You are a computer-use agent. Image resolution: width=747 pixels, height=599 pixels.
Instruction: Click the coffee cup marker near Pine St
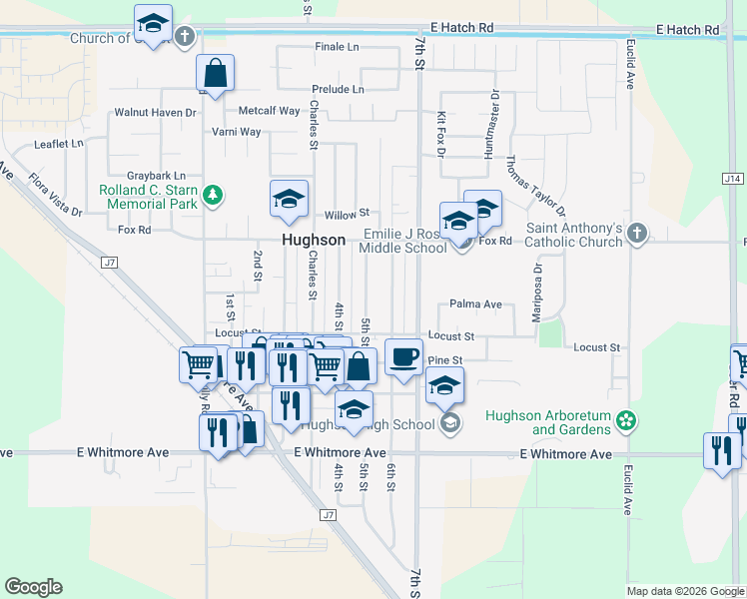[403, 356]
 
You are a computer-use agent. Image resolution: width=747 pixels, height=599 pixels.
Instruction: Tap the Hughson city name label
[314, 241]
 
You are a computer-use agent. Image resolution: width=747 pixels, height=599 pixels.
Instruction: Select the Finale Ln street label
[338, 47]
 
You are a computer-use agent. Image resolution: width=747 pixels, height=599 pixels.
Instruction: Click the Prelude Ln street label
[338, 89]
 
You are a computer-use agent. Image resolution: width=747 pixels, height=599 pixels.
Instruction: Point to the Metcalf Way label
[269, 111]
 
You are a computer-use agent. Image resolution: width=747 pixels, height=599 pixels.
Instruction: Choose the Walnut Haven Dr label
[155, 113]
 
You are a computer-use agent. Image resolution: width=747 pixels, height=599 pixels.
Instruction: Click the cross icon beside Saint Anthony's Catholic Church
[635, 234]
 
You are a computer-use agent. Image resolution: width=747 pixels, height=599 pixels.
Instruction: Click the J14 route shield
[733, 178]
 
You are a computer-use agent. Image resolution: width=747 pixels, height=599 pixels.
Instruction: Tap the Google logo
[33, 587]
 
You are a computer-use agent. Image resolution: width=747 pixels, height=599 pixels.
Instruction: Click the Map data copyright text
[684, 591]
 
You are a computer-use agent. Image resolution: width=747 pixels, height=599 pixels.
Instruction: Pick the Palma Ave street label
[474, 303]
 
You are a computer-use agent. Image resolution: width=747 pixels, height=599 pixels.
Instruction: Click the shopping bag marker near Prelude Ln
[215, 72]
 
